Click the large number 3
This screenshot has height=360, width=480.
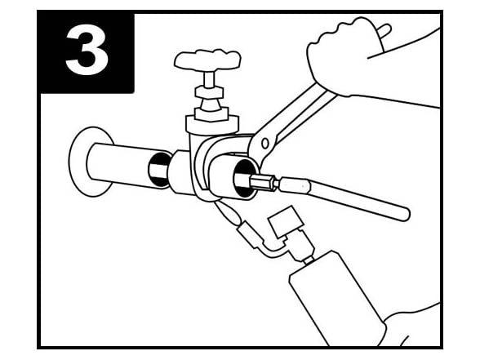coord(87,52)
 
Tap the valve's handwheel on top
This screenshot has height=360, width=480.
coord(207,60)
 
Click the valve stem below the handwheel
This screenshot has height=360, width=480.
coord(209,80)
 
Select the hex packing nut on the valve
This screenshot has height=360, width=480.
coord(209,91)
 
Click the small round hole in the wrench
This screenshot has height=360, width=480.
coord(265,144)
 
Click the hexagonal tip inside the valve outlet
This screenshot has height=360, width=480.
coord(263,183)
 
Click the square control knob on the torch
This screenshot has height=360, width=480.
coord(286,221)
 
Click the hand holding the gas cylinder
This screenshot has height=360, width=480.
coord(413,325)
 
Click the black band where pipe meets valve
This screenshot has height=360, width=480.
coord(158,169)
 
